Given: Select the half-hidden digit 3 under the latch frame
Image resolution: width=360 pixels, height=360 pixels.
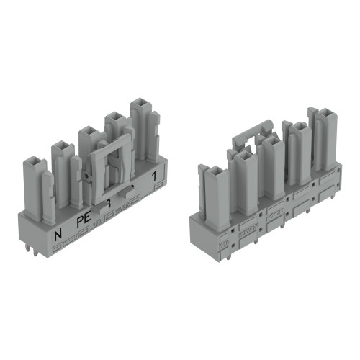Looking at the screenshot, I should coord(107,204).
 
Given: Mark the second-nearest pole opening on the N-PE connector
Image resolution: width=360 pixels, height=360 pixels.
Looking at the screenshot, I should coord(60,147).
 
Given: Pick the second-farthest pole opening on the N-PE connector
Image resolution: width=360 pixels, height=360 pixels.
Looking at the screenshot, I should coord(113,115).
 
